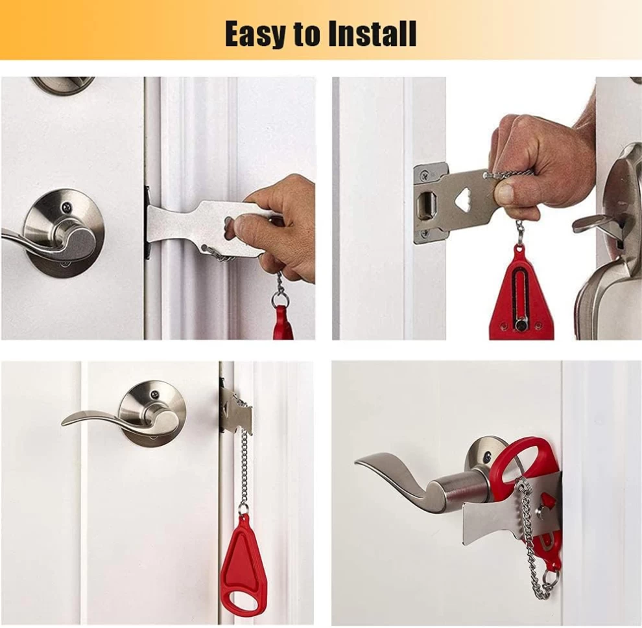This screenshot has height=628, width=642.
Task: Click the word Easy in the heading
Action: pyautogui.click(x=256, y=34)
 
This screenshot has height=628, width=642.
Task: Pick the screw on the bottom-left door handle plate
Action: pyautogui.click(x=155, y=395)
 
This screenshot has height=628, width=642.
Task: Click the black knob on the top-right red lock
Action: pyautogui.click(x=520, y=325)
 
